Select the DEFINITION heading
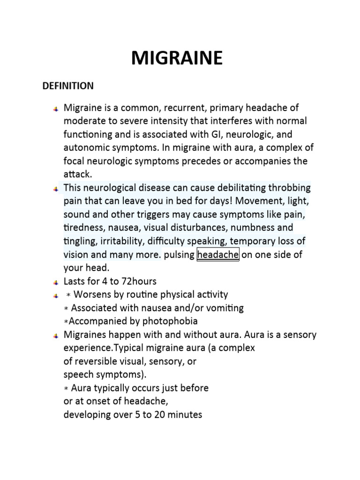[x=68, y=86]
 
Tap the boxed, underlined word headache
[x=218, y=255]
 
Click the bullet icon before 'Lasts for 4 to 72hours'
[x=56, y=282]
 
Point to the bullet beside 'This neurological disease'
[x=56, y=188]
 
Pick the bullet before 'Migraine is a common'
[x=56, y=109]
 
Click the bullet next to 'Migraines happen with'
[x=56, y=335]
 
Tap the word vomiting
[x=225, y=308]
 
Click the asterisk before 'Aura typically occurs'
[x=66, y=389]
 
